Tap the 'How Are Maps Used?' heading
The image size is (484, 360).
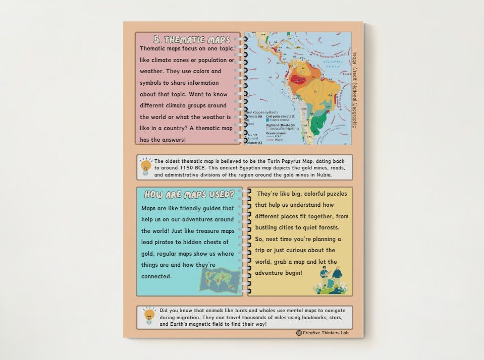click(189, 194)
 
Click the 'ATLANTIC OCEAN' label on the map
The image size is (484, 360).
click(334, 63)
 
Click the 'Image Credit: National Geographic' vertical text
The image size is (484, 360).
click(355, 89)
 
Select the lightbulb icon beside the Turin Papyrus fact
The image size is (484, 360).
click(146, 166)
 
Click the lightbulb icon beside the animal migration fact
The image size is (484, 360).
click(148, 316)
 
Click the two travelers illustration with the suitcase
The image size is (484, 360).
click(331, 280)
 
